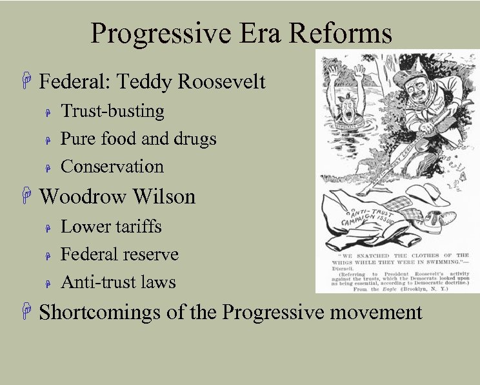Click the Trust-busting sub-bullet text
[x=112, y=111]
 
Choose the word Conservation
[x=112, y=167]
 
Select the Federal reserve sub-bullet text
[x=119, y=255]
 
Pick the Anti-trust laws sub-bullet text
[x=118, y=282]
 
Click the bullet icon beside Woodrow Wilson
[x=26, y=196]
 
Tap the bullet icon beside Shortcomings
[x=26, y=313]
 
